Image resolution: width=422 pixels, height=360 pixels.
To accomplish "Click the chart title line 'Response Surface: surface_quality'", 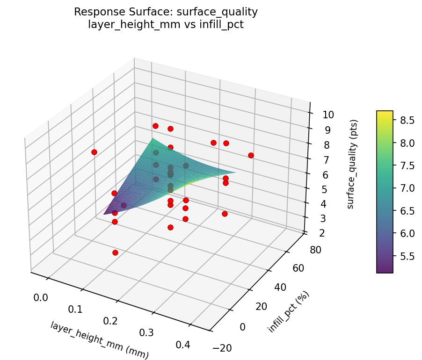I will (x=166, y=12).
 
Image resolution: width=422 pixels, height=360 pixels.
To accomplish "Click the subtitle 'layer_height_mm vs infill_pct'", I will (x=166, y=24).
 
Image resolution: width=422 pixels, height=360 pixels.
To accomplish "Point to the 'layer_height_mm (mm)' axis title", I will (x=99, y=340).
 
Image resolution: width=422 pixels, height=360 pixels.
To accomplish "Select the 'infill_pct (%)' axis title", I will (x=288, y=312).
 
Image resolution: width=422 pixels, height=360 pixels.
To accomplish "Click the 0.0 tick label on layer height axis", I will (x=41, y=297).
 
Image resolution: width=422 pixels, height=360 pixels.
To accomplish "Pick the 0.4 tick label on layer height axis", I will (x=183, y=345).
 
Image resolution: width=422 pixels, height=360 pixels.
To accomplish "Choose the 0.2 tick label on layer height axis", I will (x=110, y=321).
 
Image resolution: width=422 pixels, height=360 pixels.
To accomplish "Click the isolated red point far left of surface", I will (x=94, y=152).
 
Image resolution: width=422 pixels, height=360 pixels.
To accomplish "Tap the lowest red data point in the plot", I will (x=115, y=252).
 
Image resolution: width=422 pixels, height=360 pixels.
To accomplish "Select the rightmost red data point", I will (x=251, y=155).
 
